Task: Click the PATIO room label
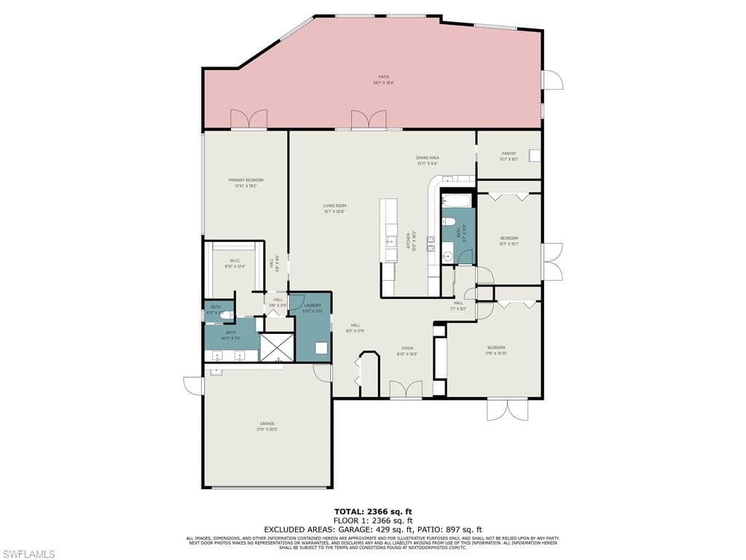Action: point(383,77)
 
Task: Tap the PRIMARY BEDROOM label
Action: point(245,180)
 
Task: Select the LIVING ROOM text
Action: point(334,206)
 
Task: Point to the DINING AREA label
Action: point(427,157)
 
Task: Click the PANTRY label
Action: point(509,153)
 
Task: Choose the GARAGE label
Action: point(267,423)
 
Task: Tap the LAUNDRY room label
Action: point(313,307)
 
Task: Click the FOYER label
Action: point(407,349)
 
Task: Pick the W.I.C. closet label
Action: point(235,260)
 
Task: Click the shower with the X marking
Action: point(277,348)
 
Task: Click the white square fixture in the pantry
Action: point(535,155)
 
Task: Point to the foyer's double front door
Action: point(406,390)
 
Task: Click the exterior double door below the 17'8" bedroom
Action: point(507,409)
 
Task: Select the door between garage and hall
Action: point(323,373)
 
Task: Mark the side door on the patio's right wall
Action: point(551,80)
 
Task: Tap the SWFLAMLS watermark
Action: point(28,554)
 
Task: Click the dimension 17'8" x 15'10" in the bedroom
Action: point(496,353)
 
